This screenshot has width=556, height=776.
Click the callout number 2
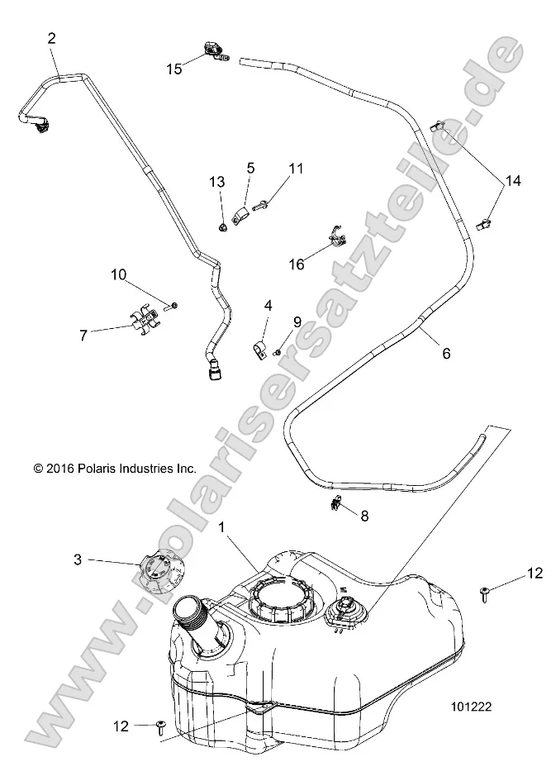pos(52,37)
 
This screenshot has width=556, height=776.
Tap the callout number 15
pos(174,69)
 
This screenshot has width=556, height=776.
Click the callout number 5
pos(250,169)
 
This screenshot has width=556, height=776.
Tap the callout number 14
pos(514,180)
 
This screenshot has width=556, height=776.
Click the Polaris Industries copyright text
pos(114,468)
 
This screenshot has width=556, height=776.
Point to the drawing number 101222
pos(471,707)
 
